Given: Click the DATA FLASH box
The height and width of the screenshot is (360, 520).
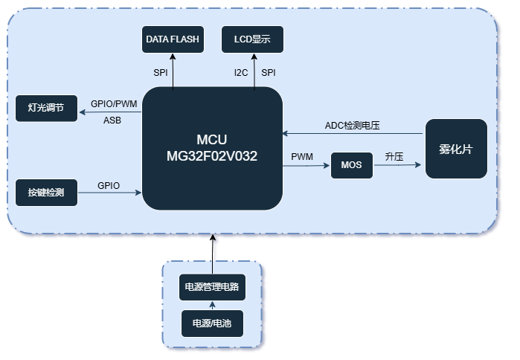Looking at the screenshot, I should [x=173, y=40].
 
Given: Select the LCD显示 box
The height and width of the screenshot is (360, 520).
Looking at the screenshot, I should [x=253, y=40].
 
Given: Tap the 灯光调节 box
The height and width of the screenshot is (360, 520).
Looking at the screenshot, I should [x=46, y=109].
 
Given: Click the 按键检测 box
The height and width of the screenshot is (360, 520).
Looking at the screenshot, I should [x=46, y=193].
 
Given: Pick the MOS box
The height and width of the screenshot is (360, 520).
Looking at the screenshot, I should [x=351, y=164].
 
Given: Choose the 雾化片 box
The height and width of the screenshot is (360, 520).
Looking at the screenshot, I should [x=456, y=149].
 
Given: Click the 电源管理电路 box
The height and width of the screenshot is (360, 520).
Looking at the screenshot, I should [x=212, y=286].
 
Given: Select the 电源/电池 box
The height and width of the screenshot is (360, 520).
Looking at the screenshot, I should [x=212, y=324].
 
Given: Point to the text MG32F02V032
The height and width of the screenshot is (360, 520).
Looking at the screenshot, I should [x=212, y=155].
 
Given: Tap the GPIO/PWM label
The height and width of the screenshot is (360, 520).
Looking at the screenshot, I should [x=114, y=103].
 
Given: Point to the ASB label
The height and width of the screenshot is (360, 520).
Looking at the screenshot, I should [x=113, y=120].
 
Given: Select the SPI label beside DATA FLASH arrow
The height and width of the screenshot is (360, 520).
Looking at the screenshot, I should [x=161, y=72].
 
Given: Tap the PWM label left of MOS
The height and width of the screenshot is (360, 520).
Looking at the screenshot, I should [x=302, y=157].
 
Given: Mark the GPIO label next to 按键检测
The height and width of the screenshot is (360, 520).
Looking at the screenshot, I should [x=109, y=185].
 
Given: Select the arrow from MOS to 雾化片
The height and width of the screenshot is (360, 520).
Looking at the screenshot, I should [x=398, y=166].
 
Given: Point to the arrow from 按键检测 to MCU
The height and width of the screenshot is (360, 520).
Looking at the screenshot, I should [x=110, y=193].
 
